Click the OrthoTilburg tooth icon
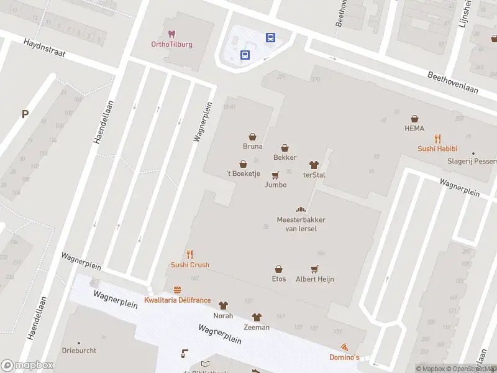[x=172, y=34]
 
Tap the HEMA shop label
[x=414, y=129]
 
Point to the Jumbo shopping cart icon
[x=275, y=175]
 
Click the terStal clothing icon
[x=314, y=165]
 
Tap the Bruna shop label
[x=252, y=147]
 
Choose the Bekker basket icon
[x=285, y=148]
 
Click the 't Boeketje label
[x=242, y=175]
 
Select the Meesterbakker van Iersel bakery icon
[x=301, y=210]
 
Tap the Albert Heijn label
[x=314, y=279]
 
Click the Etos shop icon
[x=279, y=269]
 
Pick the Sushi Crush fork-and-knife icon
[x=190, y=254]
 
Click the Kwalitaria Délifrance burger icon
[x=178, y=290]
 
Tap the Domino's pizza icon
[x=344, y=347]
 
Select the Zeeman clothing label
[x=257, y=327]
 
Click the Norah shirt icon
[x=223, y=305]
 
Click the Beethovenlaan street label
[x=453, y=81]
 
